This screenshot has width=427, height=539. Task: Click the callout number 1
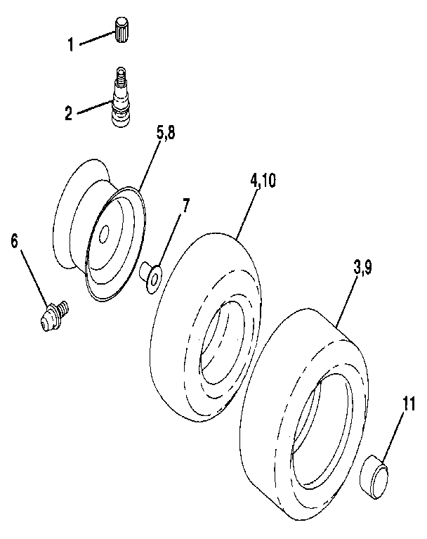70,44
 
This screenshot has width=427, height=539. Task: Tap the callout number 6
15,240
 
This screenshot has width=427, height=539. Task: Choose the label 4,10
263,180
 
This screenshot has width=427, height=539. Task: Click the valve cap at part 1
124,31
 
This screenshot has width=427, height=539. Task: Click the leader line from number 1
95,39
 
